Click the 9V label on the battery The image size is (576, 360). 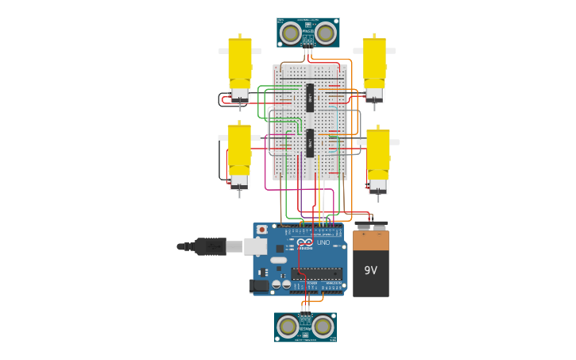[x=370, y=270]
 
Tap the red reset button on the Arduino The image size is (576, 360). [x=261, y=230]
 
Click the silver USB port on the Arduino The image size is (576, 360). [x=255, y=246]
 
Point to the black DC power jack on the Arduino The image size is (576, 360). [x=259, y=285]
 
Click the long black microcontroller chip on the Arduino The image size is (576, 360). [x=316, y=273]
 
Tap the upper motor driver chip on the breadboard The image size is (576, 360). [x=310, y=98]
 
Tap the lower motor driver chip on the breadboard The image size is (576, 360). [x=310, y=143]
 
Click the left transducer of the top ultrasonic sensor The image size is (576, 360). [x=291, y=33]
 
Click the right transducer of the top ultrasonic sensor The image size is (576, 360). [x=324, y=33]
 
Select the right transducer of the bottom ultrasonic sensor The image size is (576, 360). [x=323, y=326]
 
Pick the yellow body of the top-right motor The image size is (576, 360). [x=374, y=62]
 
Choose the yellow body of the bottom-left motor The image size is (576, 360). [x=239, y=149]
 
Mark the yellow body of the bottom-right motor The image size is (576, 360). [x=378, y=154]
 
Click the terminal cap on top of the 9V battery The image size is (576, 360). [x=371, y=226]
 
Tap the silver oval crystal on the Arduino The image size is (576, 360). [x=278, y=260]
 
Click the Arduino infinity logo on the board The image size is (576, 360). [x=306, y=243]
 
